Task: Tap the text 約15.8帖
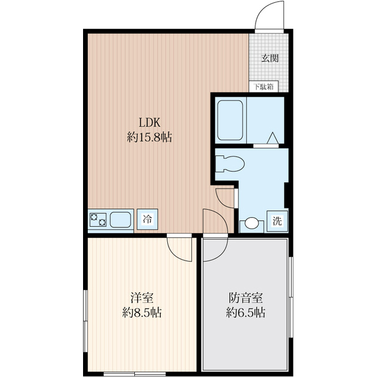point(150,138)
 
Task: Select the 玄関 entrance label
point(270,58)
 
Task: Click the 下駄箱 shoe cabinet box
point(263,87)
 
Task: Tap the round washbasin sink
point(252,224)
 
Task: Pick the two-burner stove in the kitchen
point(98,220)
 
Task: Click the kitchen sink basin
point(121,220)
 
